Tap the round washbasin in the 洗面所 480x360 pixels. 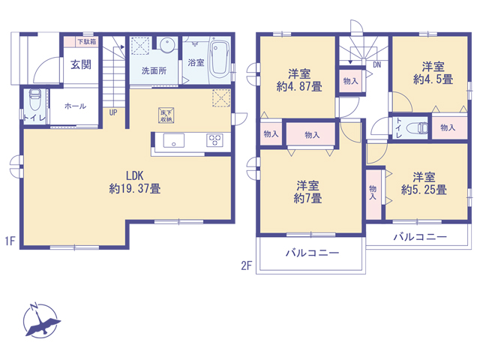[167, 45]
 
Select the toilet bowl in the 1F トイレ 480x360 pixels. [35, 100]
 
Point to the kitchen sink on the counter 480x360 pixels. [173, 140]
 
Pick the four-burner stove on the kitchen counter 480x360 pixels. [214, 140]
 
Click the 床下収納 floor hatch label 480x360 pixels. [166, 115]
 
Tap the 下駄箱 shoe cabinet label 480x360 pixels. [87, 41]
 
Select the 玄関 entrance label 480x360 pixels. [81, 64]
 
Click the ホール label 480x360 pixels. [75, 106]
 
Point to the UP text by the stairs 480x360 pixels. [113, 112]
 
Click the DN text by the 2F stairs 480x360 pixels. [376, 65]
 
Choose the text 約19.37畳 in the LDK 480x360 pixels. [135, 188]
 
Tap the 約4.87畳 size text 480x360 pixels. [299, 87]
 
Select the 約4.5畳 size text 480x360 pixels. [433, 79]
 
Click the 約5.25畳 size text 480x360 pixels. [424, 190]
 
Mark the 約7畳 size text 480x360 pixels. [307, 199]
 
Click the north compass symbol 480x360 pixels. [41, 320]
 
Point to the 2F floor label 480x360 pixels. [246, 265]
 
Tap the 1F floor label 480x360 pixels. [10, 241]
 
